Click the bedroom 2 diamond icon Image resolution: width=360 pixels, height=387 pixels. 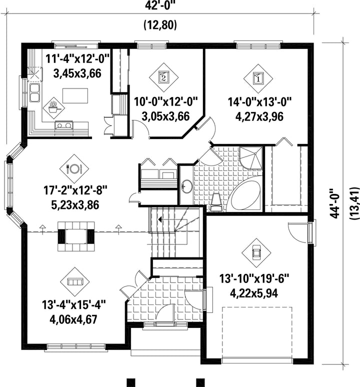(x=163, y=77)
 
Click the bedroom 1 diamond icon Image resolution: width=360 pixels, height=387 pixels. (x=258, y=78)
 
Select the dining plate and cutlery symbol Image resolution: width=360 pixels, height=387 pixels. (x=74, y=168)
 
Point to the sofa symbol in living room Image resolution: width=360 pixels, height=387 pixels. (x=75, y=281)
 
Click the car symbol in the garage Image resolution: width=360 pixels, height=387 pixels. (x=256, y=252)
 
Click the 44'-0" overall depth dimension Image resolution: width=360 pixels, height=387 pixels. (x=335, y=203)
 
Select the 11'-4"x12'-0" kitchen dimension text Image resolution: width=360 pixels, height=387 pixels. (x=77, y=59)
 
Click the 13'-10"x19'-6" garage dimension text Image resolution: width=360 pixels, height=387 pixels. (x=254, y=279)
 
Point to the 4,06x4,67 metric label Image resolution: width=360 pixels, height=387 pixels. (x=74, y=319)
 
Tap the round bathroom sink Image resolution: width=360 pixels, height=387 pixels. (x=187, y=186)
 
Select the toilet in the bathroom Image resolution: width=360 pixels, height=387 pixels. (x=216, y=202)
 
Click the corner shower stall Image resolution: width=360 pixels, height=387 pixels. (x=250, y=158)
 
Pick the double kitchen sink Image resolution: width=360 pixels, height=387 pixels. (x=34, y=93)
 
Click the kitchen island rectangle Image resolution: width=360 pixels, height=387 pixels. (x=75, y=96)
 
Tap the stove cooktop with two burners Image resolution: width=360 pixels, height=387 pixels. (x=64, y=125)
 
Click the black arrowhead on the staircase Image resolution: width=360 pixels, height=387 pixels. (x=160, y=219)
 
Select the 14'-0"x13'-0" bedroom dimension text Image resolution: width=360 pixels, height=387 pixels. (x=259, y=101)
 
